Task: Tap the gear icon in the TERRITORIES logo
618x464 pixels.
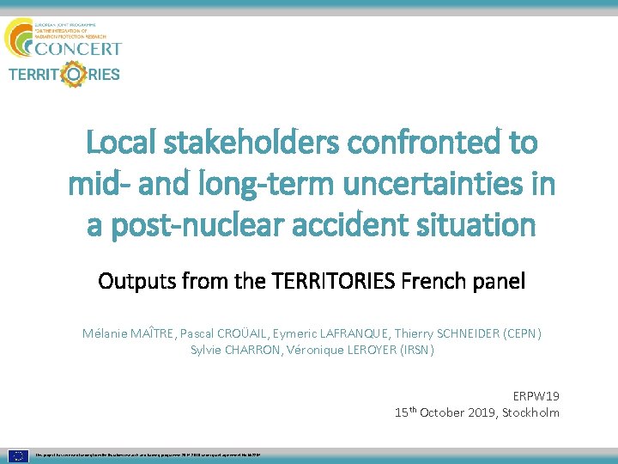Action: [x=76, y=74]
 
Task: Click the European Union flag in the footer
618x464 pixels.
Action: [x=19, y=454]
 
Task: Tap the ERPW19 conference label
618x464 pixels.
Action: [x=536, y=396]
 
